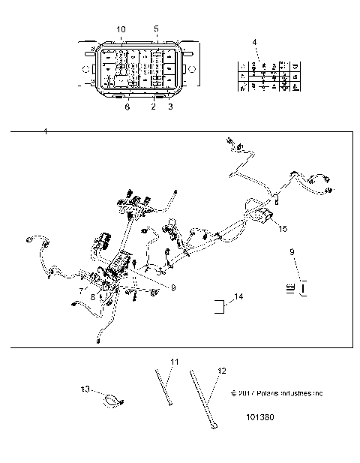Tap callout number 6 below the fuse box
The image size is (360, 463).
click(127, 108)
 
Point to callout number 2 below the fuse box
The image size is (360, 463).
click(153, 108)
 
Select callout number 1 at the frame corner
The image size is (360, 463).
click(46, 132)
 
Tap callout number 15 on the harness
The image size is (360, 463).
click(283, 227)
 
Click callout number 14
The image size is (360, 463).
click(239, 298)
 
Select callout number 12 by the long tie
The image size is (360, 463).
click(221, 369)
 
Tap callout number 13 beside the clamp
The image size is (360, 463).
click(85, 389)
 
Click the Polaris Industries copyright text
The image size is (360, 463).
click(277, 392)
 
